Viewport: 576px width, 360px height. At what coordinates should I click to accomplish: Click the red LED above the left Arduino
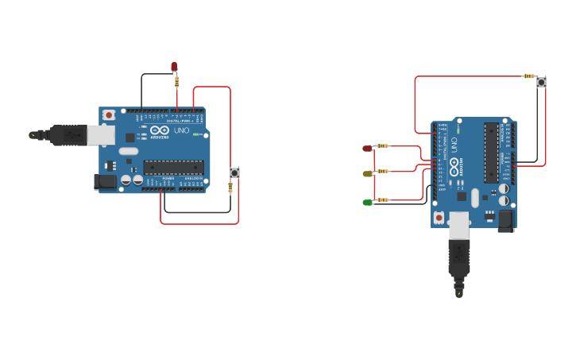(174, 67)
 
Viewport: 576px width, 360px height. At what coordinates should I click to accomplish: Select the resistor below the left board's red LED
(176, 79)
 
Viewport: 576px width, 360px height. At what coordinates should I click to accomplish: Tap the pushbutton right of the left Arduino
(234, 172)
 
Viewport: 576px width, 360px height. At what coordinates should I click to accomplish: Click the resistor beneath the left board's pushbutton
(230, 188)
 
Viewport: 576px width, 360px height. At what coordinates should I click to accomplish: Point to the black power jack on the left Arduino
(104, 183)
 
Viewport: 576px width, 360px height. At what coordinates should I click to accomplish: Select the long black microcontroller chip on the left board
(173, 167)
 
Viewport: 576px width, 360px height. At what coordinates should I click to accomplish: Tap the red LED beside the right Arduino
(367, 148)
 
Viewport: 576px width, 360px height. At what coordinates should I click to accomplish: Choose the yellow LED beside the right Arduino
(367, 173)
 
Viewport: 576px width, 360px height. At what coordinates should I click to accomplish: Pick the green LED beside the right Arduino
(367, 203)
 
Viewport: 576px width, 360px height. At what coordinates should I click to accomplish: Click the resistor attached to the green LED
(384, 199)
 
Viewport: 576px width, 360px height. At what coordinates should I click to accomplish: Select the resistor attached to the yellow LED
(384, 171)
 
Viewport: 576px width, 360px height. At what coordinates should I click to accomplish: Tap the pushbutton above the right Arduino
(542, 81)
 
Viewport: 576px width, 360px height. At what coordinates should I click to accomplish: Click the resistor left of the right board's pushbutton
(528, 76)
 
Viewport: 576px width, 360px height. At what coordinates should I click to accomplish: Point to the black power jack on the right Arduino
(505, 220)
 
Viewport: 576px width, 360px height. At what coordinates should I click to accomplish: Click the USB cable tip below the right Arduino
(459, 295)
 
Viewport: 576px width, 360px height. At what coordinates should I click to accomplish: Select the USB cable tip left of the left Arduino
(33, 135)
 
